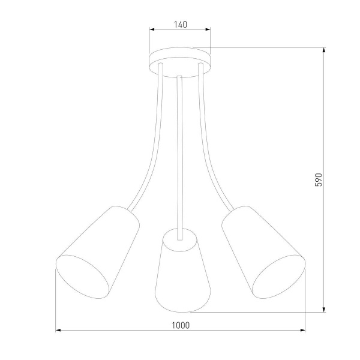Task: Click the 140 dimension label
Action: [180, 25]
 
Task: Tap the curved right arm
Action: [209, 150]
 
